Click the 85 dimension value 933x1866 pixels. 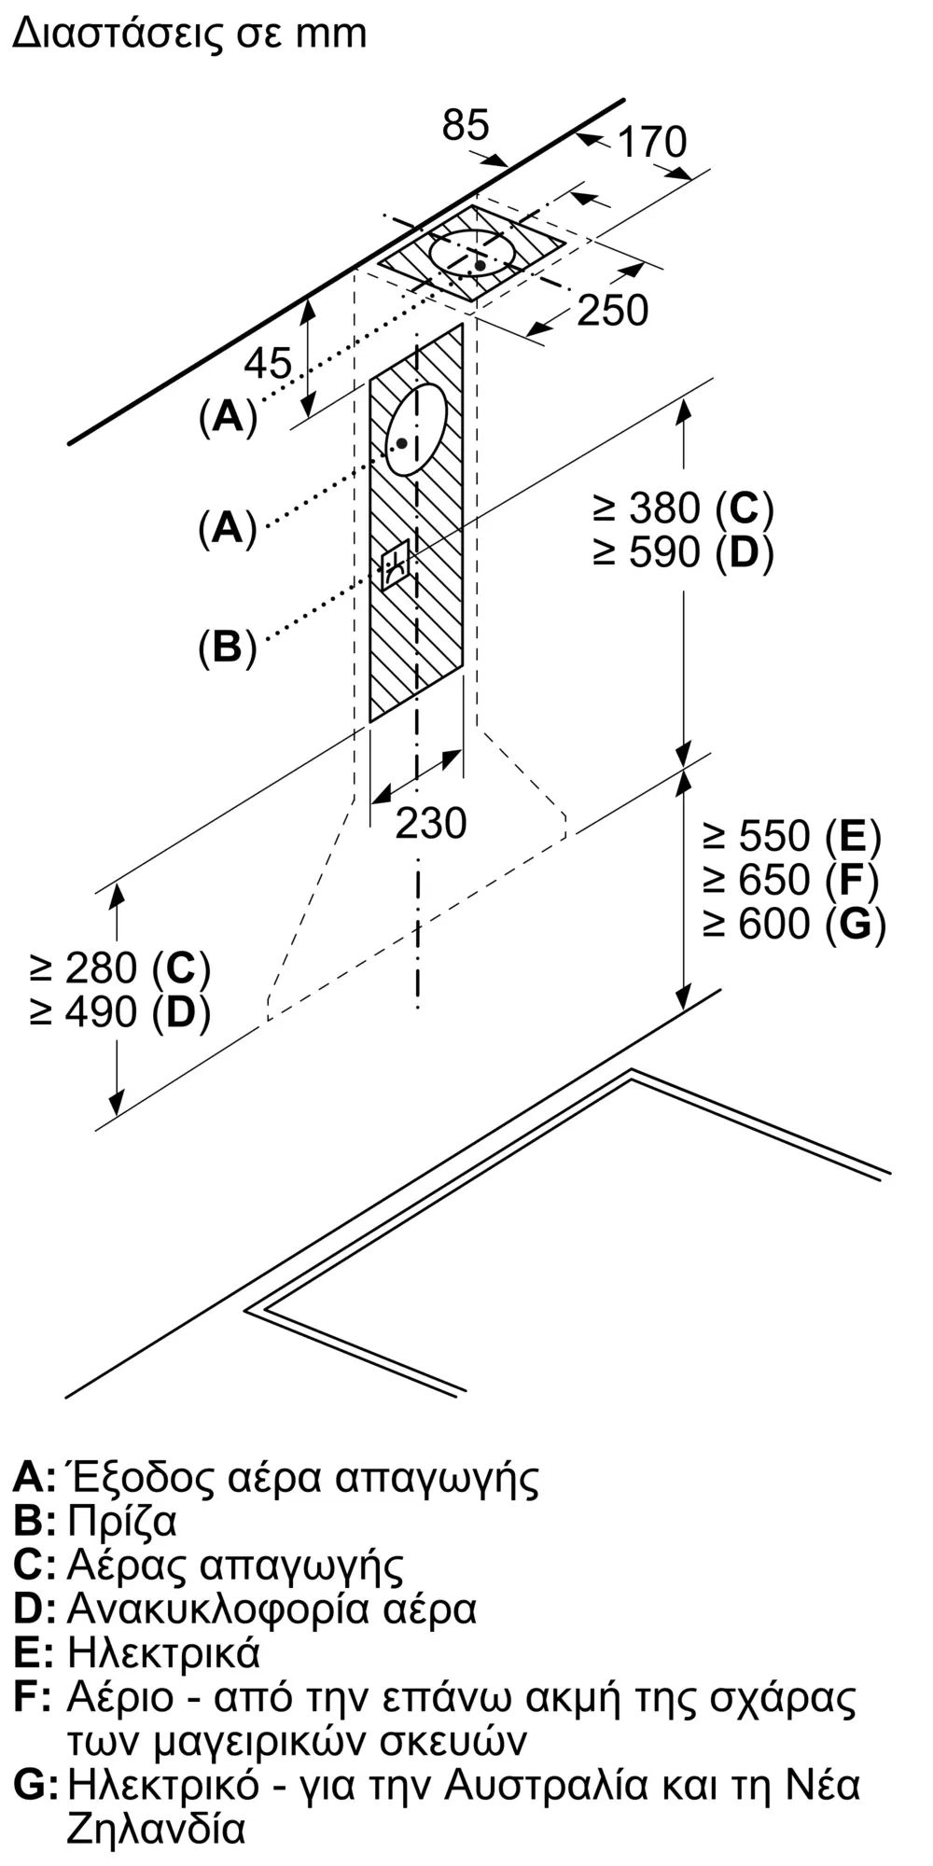click(x=466, y=125)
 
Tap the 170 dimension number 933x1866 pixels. click(x=652, y=142)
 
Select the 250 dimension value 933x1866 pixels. click(x=612, y=311)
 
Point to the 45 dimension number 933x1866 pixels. click(x=268, y=363)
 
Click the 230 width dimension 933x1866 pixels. click(x=431, y=823)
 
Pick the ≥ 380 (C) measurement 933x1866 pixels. click(x=683, y=508)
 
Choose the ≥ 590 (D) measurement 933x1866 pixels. click(x=683, y=553)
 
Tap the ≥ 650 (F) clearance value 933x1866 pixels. click(x=791, y=880)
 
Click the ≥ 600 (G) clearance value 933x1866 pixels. click(x=794, y=924)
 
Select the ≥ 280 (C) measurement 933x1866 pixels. click(x=120, y=968)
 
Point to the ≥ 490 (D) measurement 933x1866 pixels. click(x=120, y=1012)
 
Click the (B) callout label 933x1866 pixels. click(x=228, y=647)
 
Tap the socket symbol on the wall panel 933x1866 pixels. click(x=396, y=565)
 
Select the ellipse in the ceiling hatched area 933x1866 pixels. click(x=473, y=254)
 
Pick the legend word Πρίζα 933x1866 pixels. click(x=122, y=1522)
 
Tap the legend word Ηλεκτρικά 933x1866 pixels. click(x=163, y=1653)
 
